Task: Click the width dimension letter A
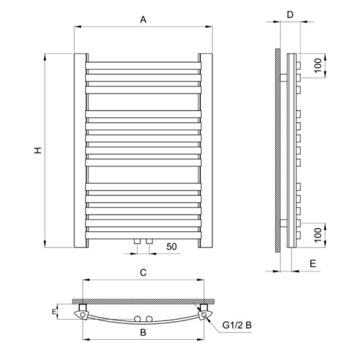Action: click(x=143, y=21)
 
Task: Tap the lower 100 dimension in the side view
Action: click(x=317, y=235)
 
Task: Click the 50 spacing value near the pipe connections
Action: click(x=171, y=247)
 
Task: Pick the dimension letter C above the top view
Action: click(x=143, y=272)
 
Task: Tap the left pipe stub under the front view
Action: click(x=137, y=240)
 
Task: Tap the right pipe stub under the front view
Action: click(x=148, y=240)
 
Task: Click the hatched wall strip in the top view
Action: click(x=143, y=300)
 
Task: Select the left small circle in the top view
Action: click(x=137, y=318)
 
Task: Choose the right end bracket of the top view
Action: click(x=206, y=313)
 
